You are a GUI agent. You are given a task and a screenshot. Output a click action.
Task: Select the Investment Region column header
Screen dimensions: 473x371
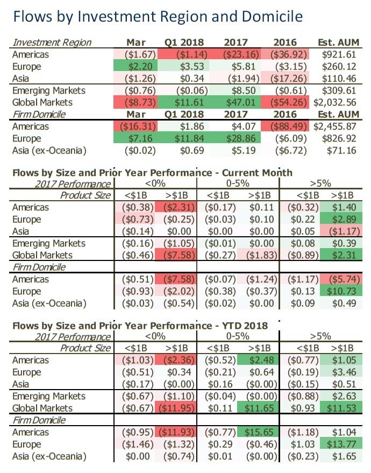(52, 43)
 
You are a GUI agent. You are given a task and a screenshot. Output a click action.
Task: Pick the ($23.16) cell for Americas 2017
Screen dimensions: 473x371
(234, 55)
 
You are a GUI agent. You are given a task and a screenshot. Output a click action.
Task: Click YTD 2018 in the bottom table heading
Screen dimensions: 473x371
(241, 326)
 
